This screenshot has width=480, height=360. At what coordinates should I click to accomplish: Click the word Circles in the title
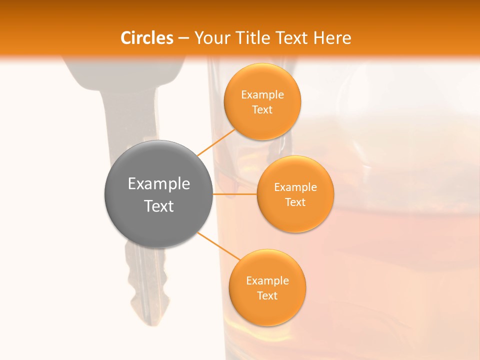point(147,38)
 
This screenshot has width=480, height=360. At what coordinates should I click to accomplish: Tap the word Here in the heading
point(332,38)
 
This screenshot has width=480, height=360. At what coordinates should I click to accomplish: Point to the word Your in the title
point(211,38)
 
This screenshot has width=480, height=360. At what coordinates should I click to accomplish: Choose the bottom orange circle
point(267,310)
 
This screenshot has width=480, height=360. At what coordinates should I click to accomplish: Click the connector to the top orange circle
point(216,142)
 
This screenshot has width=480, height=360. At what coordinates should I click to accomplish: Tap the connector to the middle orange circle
point(234,193)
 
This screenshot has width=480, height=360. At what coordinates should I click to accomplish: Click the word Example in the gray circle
point(159,184)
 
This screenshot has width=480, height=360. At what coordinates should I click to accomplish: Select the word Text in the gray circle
point(159,206)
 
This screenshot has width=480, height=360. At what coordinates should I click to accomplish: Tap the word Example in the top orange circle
point(262,94)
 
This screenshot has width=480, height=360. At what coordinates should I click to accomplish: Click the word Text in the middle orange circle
point(295,202)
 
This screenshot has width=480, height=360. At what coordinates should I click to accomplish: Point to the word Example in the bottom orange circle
point(267,280)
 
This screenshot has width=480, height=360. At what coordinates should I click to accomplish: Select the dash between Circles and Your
point(183,38)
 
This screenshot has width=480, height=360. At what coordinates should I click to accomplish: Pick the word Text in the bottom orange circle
point(267,295)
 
